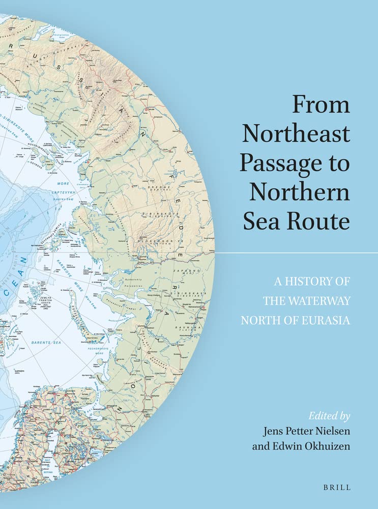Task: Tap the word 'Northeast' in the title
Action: [296, 133]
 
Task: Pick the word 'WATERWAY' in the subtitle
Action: [320, 301]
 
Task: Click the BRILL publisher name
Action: [337, 487]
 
